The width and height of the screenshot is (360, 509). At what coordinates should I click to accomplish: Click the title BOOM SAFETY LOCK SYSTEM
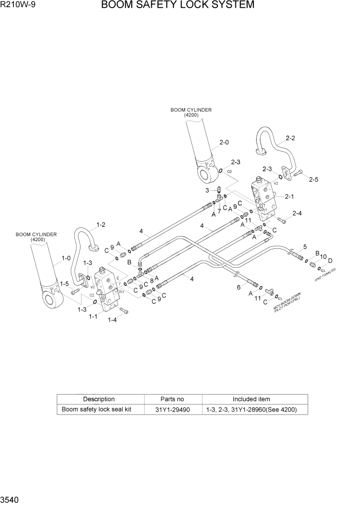pyautogui.click(x=177, y=5)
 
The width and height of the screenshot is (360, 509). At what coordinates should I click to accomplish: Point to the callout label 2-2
pyautogui.click(x=290, y=138)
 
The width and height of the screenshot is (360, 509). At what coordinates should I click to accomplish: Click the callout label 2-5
pyautogui.click(x=314, y=179)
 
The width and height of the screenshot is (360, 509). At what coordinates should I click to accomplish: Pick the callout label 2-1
pyautogui.click(x=289, y=196)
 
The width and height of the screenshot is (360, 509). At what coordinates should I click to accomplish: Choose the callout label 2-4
pyautogui.click(x=297, y=213)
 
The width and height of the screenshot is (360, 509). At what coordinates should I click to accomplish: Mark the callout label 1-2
pyautogui.click(x=101, y=224)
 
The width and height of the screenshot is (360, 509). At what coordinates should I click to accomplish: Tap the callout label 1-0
pyautogui.click(x=66, y=259)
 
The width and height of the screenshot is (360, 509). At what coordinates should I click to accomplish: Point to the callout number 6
pyautogui.click(x=238, y=287)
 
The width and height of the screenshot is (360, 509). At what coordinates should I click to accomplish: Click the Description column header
pyautogui.click(x=99, y=399)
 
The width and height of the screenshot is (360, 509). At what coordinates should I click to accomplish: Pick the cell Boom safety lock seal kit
pyautogui.click(x=96, y=409)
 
